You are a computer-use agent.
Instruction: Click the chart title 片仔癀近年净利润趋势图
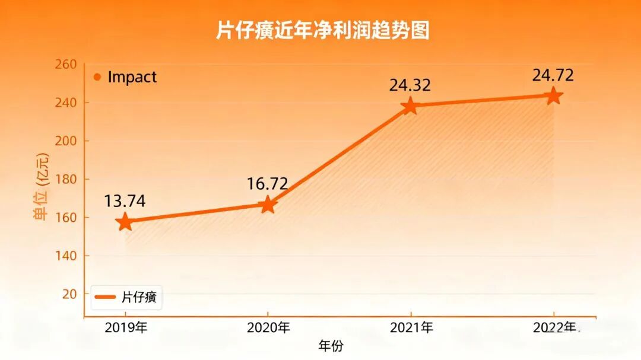(x=322, y=30)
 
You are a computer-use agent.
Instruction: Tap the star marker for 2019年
(x=125, y=222)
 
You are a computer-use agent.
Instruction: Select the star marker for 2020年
(x=268, y=205)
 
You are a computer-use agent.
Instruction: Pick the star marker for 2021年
(x=410, y=107)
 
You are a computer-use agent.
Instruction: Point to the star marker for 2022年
(x=553, y=95)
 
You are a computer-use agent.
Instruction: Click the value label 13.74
(x=125, y=201)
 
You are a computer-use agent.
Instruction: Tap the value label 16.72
(x=268, y=183)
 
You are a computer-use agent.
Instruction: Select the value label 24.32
(x=410, y=85)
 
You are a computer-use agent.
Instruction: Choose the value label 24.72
(x=553, y=75)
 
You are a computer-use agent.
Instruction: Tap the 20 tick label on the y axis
(x=69, y=294)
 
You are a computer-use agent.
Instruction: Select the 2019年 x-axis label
(x=126, y=327)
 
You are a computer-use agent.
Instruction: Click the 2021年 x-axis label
(x=411, y=327)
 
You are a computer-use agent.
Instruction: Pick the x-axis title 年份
(x=331, y=346)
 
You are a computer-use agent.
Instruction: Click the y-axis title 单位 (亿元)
(x=42, y=187)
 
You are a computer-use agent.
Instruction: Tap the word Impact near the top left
(x=132, y=77)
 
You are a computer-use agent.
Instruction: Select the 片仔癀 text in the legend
(x=139, y=297)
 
